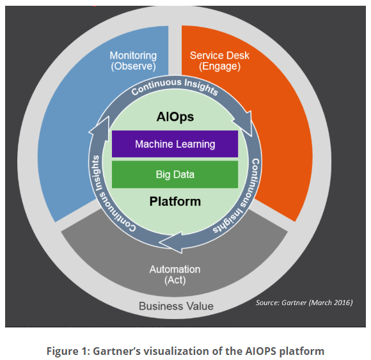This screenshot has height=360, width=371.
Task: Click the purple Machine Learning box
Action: (175, 144)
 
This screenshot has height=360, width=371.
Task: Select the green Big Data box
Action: (175, 175)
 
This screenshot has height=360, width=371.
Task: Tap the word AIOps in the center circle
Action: (175, 117)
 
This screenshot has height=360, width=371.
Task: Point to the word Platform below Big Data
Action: (175, 201)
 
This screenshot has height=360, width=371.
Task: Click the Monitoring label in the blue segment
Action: (133, 56)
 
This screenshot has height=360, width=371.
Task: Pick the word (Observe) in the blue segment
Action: (134, 67)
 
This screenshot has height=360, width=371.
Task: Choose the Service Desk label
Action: (219, 56)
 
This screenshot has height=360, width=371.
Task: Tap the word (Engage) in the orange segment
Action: (219, 67)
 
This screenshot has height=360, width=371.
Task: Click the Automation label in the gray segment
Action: (175, 269)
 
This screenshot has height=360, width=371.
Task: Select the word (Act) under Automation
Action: (175, 280)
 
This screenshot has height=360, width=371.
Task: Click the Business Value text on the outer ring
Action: (177, 306)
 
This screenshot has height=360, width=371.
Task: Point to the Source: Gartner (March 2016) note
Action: (304, 302)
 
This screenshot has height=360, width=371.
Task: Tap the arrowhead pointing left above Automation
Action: (171, 243)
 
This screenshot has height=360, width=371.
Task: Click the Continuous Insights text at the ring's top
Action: (175, 86)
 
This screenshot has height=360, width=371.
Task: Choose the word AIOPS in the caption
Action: (261, 351)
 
